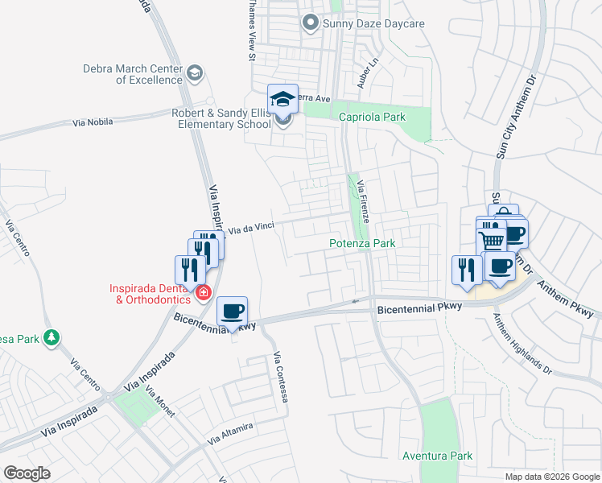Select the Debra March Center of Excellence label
(133, 75)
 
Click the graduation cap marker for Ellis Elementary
(282, 99)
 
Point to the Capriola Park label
(372, 118)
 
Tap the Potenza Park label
(362, 243)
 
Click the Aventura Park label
(438, 456)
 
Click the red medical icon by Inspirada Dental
(204, 292)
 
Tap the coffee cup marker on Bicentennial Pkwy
(233, 311)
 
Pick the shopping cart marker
(491, 239)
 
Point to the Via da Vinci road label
(251, 229)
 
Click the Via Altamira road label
(230, 433)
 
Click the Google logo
(27, 473)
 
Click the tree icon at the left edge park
(52, 336)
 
